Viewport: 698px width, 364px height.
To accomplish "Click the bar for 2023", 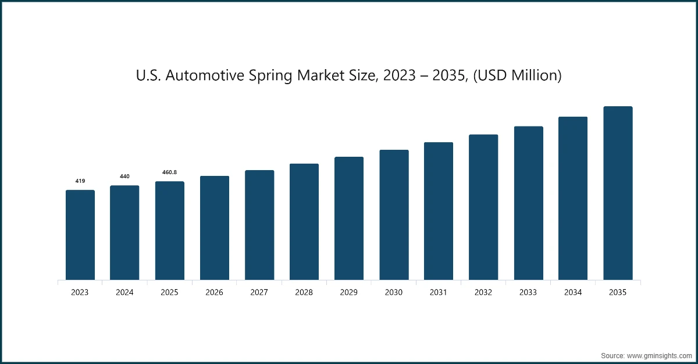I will [80, 235].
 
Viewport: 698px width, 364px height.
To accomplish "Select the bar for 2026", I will [215, 228].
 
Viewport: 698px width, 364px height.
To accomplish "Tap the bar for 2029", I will [349, 219].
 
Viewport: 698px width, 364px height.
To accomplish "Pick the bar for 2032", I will [483, 207].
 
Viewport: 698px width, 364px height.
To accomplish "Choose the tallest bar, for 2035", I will [618, 193].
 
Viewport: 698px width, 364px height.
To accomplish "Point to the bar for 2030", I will [394, 215].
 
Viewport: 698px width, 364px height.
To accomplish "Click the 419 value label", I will [80, 181].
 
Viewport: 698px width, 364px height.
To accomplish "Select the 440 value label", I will [124, 176].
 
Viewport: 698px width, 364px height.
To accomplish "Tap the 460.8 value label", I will [169, 172].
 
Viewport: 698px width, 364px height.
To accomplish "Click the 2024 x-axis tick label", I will [124, 293].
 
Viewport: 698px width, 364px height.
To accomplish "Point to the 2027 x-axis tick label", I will [259, 293].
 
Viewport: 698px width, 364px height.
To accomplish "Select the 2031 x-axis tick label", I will [439, 293].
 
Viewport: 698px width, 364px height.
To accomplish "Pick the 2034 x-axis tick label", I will [573, 293].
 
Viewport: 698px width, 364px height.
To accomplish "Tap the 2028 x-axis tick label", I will [304, 293].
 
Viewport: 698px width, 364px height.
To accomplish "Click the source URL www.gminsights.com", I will [659, 354].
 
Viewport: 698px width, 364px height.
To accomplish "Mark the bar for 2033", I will [528, 203].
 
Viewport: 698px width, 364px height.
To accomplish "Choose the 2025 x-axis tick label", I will [169, 293].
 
